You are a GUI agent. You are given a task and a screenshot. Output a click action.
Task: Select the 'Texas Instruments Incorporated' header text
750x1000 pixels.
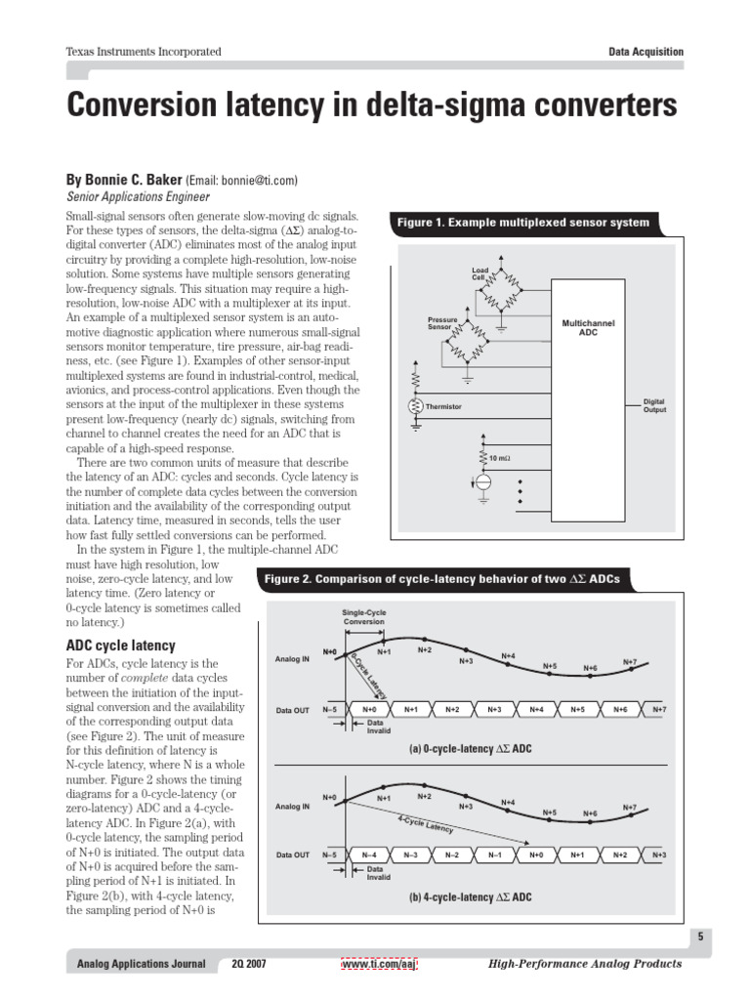[143, 52]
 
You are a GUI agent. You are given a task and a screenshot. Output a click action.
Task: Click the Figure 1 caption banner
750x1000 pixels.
[522, 223]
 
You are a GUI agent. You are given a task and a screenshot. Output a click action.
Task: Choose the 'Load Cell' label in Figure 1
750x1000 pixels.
[479, 274]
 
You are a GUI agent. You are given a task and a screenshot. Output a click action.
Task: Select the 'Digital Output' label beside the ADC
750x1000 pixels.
[653, 405]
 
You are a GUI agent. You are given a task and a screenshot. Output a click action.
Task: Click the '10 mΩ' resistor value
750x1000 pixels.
[499, 457]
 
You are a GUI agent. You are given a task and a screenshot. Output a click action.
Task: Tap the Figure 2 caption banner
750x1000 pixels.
[441, 579]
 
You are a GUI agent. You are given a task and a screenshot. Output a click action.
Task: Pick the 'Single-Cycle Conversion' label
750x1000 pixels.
[362, 617]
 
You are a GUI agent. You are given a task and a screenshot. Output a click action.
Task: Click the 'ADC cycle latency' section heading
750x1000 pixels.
[120, 646]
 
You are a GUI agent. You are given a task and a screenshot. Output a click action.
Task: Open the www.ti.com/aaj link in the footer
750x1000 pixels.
[380, 964]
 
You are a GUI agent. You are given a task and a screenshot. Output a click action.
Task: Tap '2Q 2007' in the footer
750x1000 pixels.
[249, 964]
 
